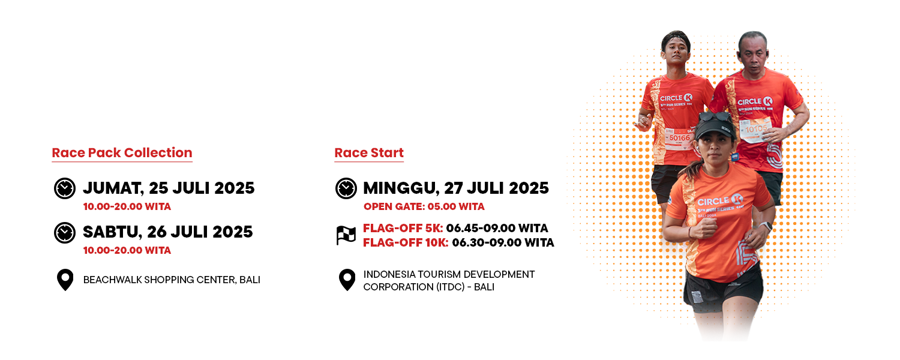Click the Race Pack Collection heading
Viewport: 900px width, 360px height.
tap(122, 152)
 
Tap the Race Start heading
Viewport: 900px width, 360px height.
tap(369, 152)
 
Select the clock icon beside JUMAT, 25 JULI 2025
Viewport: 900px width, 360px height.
tap(65, 188)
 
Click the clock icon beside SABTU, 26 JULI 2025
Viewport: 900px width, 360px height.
tap(65, 232)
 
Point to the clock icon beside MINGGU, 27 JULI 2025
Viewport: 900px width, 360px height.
tap(346, 188)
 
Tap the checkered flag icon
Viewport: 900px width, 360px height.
tap(346, 235)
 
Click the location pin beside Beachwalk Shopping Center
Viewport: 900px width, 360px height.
tap(65, 280)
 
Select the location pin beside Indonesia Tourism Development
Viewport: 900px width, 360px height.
tap(347, 280)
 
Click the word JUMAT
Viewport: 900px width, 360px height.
tap(113, 188)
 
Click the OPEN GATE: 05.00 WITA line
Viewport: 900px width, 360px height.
tap(424, 206)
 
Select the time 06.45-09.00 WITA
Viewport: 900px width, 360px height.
tap(497, 228)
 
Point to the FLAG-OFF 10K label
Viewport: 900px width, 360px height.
tap(406, 242)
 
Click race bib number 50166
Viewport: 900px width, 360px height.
tap(680, 138)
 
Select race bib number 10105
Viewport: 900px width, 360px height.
tap(756, 129)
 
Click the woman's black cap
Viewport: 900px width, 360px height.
tap(716, 127)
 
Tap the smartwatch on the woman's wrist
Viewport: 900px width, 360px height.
tap(767, 226)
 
